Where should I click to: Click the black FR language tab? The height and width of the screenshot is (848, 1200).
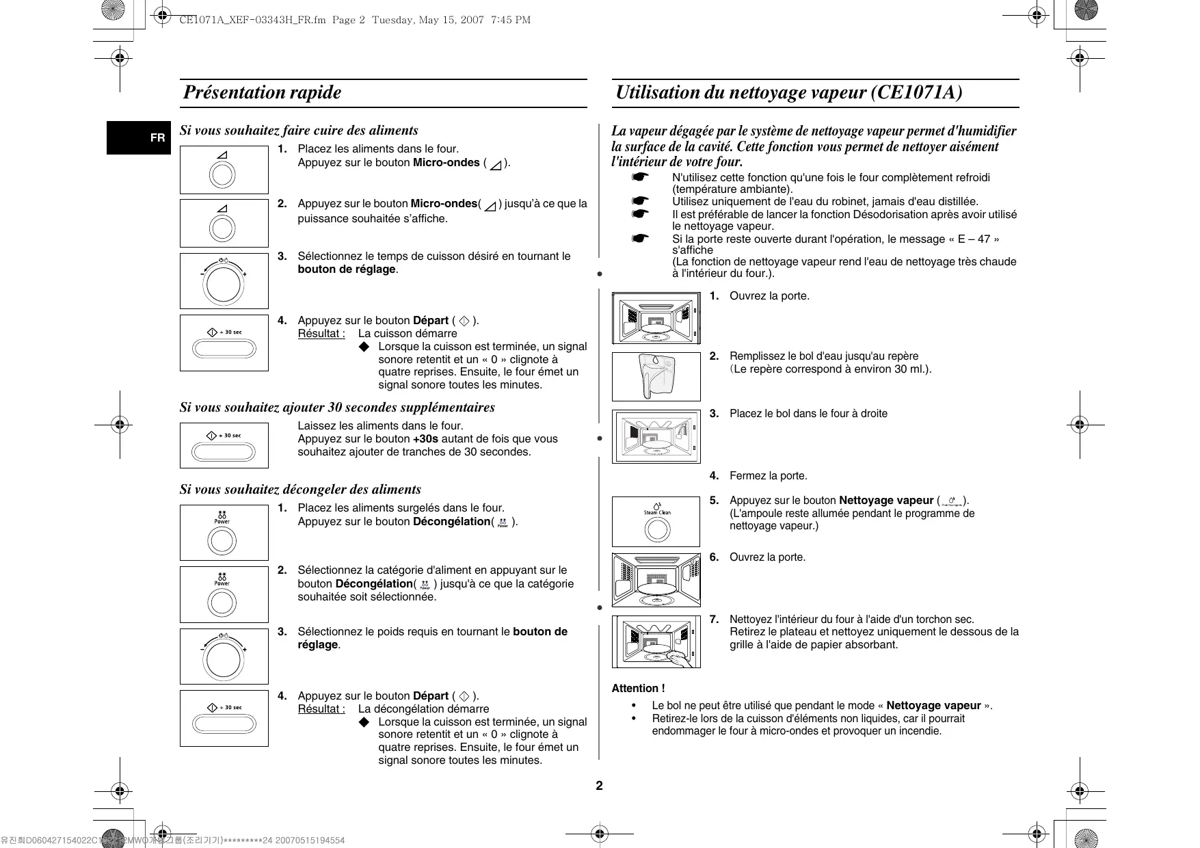tap(139, 137)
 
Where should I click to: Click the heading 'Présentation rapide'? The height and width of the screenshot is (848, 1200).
tap(262, 92)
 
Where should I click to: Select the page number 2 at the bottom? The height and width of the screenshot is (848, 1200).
tap(599, 785)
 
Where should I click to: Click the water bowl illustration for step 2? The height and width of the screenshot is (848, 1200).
tap(656, 376)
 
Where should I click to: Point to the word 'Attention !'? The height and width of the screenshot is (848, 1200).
tap(638, 689)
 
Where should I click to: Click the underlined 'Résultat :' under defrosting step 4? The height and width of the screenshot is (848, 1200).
tap(321, 709)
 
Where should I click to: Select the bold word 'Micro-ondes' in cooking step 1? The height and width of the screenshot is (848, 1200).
tap(446, 163)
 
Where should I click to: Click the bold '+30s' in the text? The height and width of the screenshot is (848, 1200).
tap(425, 439)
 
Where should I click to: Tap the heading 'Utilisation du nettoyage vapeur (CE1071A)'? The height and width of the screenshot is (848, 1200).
tap(789, 92)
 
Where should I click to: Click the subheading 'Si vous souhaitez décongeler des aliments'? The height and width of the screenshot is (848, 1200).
tap(300, 490)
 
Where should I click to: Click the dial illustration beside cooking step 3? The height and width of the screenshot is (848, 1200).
tap(224, 281)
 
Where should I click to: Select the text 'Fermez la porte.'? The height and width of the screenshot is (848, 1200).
tap(768, 476)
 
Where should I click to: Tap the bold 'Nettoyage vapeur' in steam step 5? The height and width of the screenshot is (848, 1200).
tap(885, 501)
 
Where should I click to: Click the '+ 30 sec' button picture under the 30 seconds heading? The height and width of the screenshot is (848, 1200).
tap(224, 446)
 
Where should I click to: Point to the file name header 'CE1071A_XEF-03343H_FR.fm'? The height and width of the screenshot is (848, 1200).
tap(252, 20)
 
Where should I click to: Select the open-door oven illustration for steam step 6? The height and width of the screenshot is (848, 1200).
tap(656, 580)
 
